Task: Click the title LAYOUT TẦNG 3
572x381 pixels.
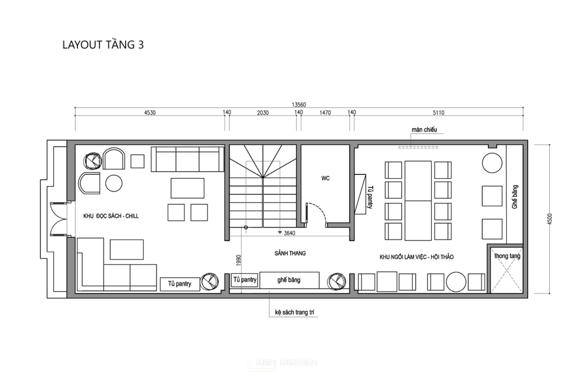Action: [x=103, y=45]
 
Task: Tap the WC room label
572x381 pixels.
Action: [x=325, y=178]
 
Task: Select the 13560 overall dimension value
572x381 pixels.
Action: [x=299, y=105]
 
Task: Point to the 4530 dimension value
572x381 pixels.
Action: [x=150, y=112]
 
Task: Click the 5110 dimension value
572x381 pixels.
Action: [x=438, y=112]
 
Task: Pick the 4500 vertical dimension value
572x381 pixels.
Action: [x=550, y=219]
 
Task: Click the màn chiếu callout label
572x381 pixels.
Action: [x=424, y=130]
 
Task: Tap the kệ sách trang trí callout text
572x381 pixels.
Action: [x=294, y=312]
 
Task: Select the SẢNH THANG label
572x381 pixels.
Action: [x=290, y=253]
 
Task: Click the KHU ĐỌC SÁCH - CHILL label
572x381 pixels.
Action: [x=111, y=216]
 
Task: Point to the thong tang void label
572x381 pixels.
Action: [x=507, y=256]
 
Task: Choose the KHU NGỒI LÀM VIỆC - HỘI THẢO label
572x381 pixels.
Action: [x=416, y=257]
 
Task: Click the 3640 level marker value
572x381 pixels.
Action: [x=289, y=233]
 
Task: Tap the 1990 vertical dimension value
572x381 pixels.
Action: [x=238, y=261]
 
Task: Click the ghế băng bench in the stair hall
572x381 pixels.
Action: [x=289, y=280]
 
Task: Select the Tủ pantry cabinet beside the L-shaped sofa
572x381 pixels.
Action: [x=180, y=284]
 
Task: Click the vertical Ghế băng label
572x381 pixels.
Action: [x=515, y=197]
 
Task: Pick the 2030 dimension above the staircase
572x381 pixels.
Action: [x=263, y=112]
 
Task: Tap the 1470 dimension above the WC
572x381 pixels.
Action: [x=325, y=112]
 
